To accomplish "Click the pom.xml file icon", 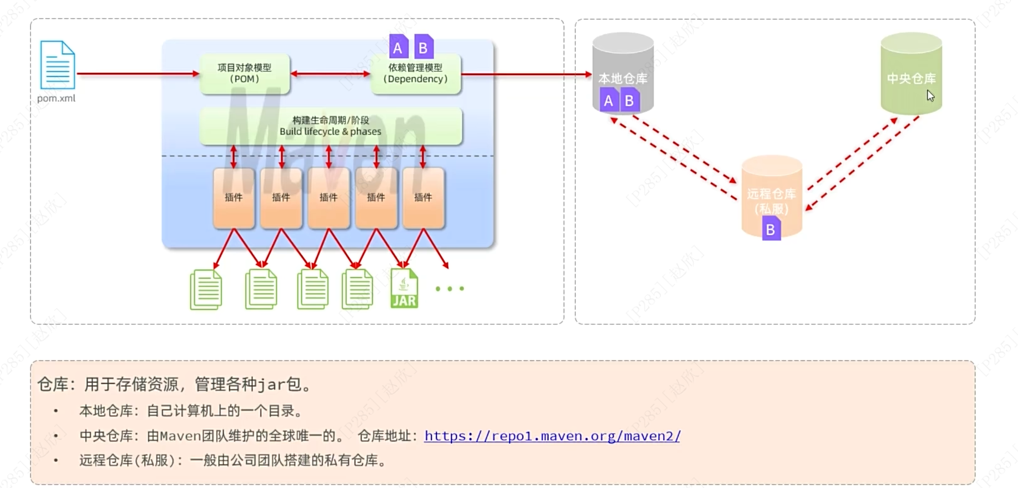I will coord(57,65).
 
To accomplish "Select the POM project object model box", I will coord(244,74).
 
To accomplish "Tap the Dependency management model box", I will coord(415,74).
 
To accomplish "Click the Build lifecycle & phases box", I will coord(330,126).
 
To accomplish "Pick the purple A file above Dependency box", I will coord(398,47).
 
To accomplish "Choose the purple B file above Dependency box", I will coord(423,47).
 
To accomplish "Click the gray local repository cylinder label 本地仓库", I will coord(622,78).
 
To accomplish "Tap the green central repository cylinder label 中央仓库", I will coord(911,78).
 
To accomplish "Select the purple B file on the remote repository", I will coord(771,229).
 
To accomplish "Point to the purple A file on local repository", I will coord(609,100).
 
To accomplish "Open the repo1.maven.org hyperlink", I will coord(552,436).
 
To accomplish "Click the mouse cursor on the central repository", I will coord(931,96).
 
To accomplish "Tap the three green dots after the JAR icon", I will coord(450,289).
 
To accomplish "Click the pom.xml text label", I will coord(56,98).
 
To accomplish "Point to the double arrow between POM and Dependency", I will coord(330,74).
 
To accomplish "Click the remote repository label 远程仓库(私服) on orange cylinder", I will coord(771,201).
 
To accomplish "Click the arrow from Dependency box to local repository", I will coord(526,74).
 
